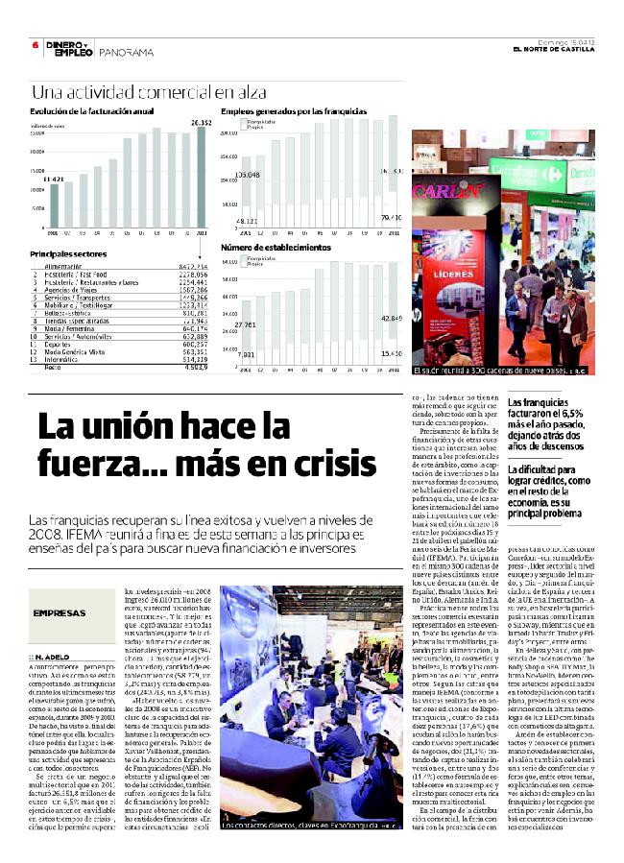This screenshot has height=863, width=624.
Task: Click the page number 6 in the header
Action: click(x=35, y=44)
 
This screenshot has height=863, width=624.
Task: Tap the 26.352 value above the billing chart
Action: click(x=201, y=124)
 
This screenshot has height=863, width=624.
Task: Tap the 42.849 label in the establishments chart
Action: click(x=391, y=317)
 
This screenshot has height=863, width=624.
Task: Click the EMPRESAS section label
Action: click(x=60, y=613)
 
